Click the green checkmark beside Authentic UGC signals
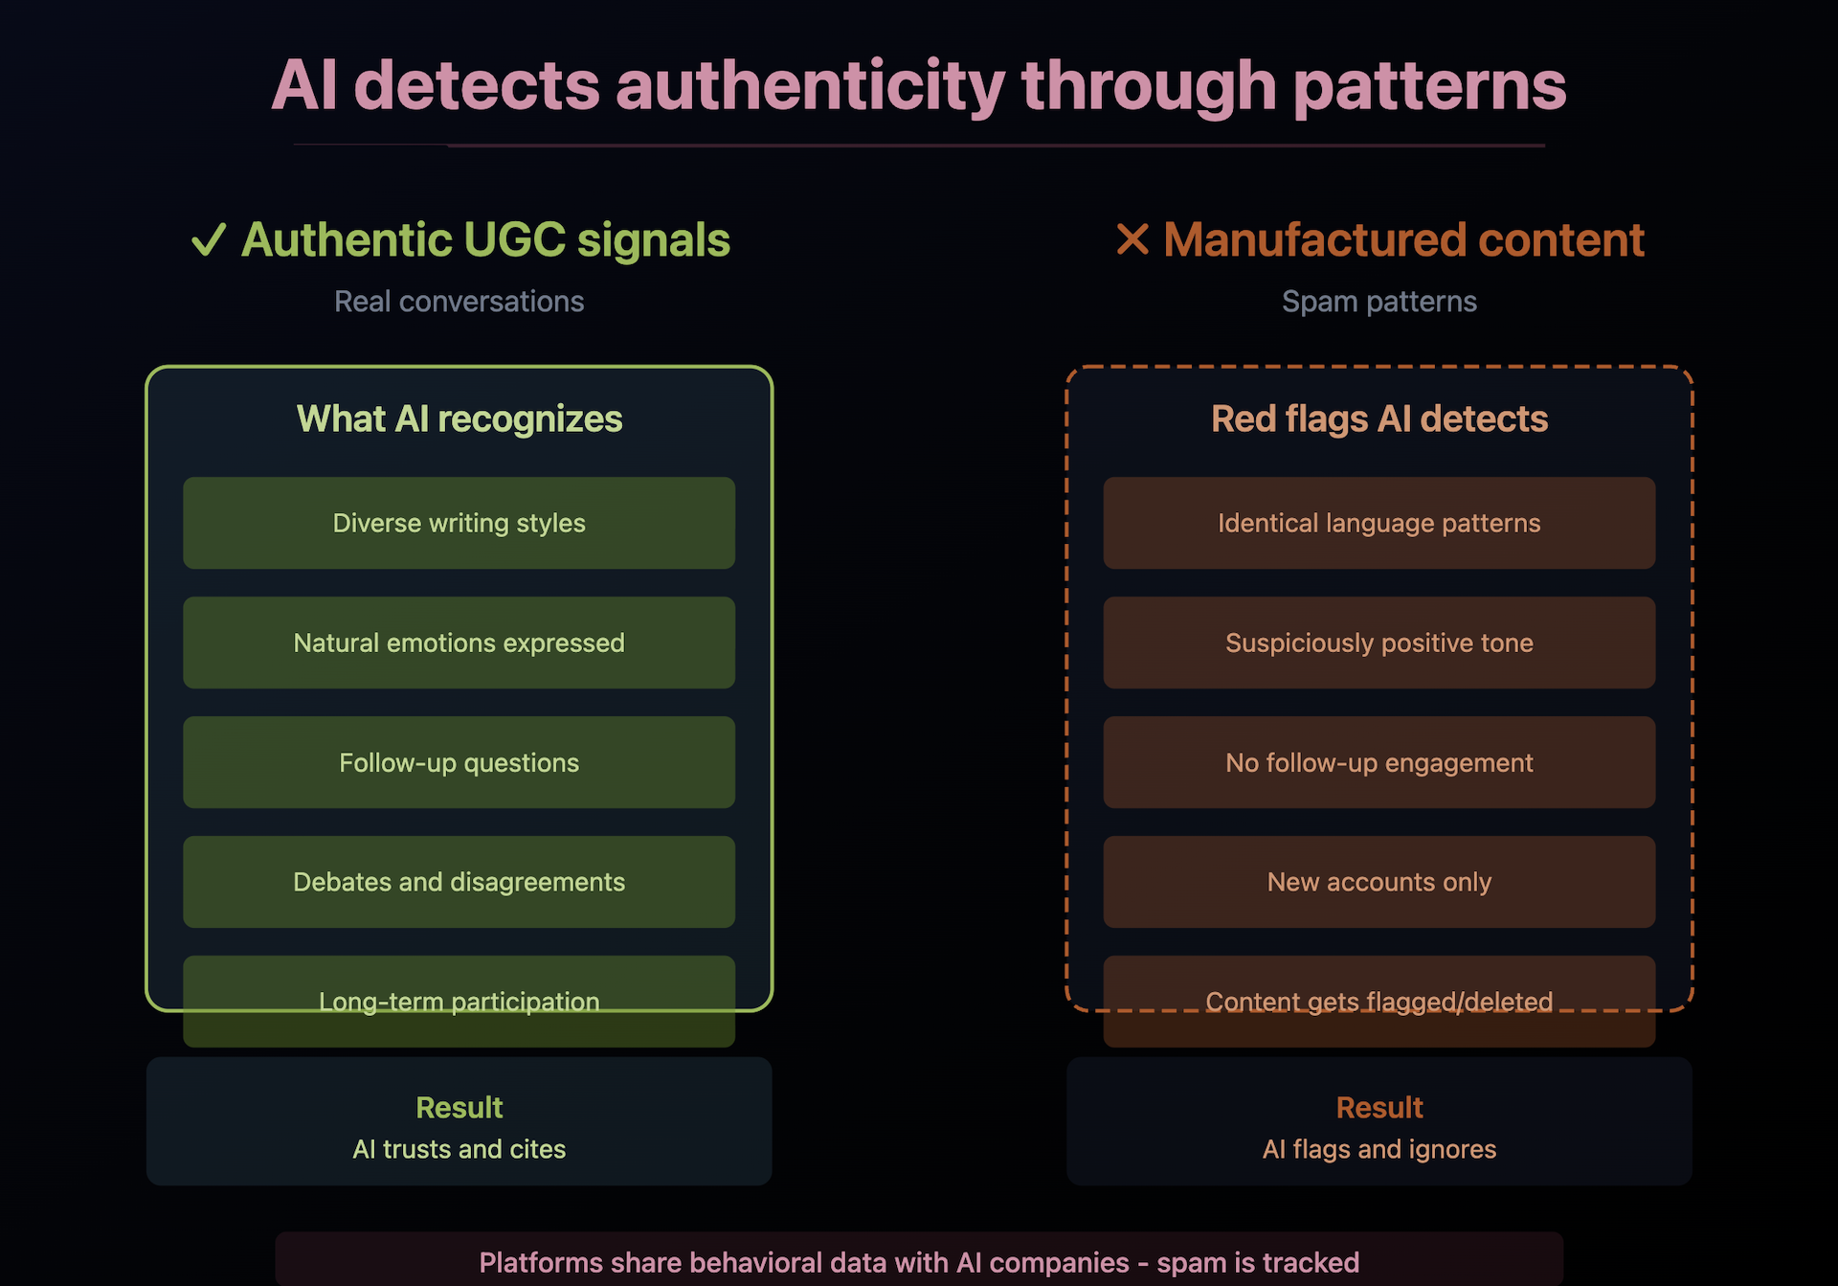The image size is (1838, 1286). [209, 239]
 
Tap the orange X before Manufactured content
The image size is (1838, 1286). [1132, 239]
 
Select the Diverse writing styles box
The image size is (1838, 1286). [459, 523]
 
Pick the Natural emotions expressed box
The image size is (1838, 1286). [459, 643]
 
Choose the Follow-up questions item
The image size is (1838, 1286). [459, 762]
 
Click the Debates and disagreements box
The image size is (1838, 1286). [459, 882]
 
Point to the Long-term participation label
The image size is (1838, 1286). [459, 1002]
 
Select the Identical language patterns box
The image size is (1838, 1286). [1379, 523]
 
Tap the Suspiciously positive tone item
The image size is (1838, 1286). [1379, 643]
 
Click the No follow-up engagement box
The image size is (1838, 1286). [1379, 762]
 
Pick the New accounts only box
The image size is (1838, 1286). [1379, 882]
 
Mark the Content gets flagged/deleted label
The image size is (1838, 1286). [1379, 1002]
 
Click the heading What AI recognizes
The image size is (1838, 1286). [459, 419]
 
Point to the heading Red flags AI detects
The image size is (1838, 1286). [1379, 419]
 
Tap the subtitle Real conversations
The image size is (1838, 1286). [459, 302]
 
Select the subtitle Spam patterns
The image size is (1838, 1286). [1379, 302]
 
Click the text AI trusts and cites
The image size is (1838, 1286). [459, 1149]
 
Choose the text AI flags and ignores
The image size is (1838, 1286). [1379, 1149]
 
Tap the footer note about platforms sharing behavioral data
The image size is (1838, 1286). [919, 1263]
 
